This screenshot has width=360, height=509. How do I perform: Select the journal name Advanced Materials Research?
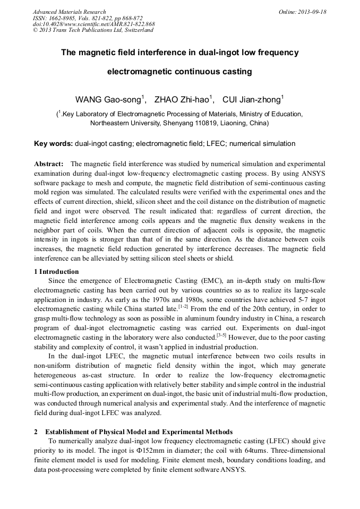pyautogui.click(x=69, y=12)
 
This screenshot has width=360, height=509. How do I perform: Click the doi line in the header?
pyautogui.click(x=93, y=24)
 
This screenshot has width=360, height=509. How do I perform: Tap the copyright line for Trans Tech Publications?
pyautogui.click(x=93, y=30)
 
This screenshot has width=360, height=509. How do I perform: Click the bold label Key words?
pyautogui.click(x=53, y=143)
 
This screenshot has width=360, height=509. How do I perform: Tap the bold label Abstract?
pyautogui.click(x=49, y=164)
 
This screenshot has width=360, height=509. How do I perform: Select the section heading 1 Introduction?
pyautogui.click(x=56, y=272)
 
